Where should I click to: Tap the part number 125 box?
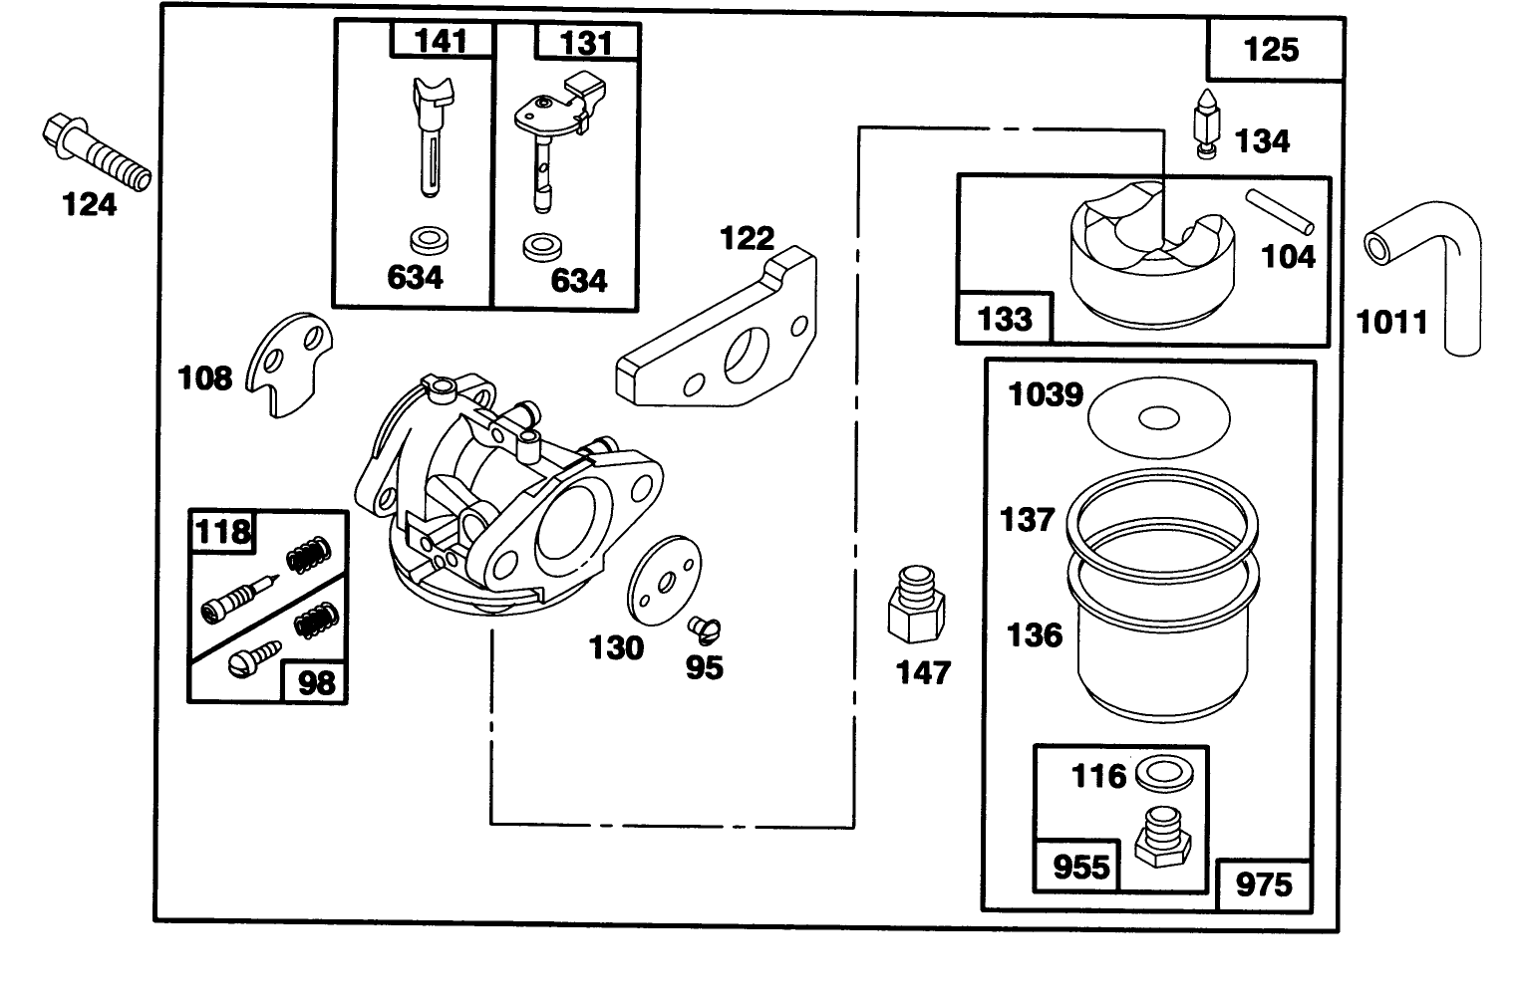(x=1272, y=49)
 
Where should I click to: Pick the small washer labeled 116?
(x=1156, y=771)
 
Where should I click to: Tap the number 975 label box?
(x=1263, y=883)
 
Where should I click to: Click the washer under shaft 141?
(x=430, y=239)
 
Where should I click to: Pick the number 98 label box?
(x=316, y=683)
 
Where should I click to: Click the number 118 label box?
(x=222, y=531)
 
